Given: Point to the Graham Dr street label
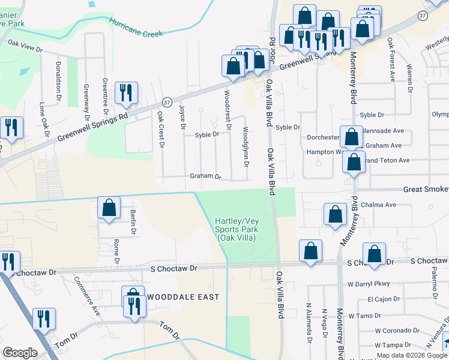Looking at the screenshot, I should point(206,177).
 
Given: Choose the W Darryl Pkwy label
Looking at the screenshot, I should point(369,284).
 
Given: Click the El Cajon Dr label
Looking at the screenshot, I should point(382,299).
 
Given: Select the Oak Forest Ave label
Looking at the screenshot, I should point(391,59).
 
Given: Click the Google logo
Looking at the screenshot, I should point(20,353).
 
